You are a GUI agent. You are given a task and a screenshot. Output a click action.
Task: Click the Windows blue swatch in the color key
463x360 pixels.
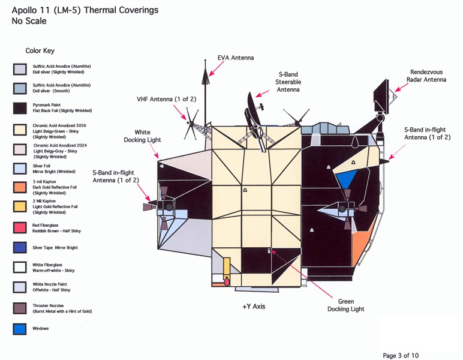20,329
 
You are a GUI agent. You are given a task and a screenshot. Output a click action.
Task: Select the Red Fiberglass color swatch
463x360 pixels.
20,227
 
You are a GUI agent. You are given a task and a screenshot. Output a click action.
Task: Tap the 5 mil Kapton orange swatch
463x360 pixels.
20,187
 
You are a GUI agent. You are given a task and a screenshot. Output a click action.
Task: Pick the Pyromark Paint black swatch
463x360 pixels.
20,108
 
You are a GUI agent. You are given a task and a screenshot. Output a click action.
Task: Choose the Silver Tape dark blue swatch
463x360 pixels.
20,247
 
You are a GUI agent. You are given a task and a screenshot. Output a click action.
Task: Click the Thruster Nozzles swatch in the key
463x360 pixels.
20,308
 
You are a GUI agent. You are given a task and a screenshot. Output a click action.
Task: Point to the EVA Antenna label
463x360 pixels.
235,58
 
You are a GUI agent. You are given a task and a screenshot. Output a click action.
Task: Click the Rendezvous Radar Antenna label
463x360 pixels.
428,76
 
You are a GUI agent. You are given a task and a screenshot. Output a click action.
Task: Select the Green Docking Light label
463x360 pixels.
345,305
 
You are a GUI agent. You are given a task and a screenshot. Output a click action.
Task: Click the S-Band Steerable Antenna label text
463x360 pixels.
288,82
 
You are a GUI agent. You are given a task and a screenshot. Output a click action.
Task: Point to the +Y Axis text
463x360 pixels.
254,307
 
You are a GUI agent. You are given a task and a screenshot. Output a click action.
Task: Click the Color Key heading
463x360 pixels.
40,51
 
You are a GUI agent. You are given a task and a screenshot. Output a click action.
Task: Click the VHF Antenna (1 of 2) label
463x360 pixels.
163,99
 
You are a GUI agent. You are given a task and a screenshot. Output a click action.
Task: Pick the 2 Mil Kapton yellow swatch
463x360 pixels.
20,207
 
